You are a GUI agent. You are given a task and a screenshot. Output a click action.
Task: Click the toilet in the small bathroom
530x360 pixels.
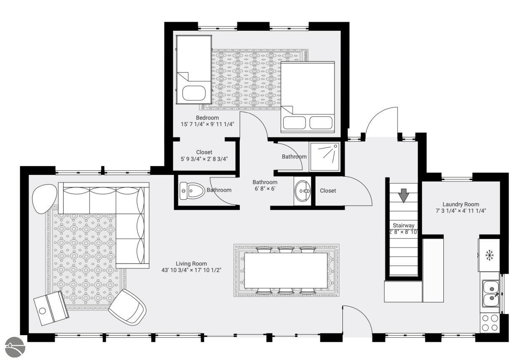pos(192,191)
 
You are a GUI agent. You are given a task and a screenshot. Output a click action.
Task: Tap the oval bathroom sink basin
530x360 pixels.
pos(302,191)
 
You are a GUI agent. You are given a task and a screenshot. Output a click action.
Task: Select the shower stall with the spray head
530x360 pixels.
pos(325,156)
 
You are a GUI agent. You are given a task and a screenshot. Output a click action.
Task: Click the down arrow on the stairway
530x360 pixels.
pos(403,196)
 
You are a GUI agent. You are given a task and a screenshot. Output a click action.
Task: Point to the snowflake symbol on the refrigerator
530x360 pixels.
pos(489,255)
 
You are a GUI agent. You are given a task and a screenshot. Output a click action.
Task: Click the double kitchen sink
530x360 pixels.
pos(491,293)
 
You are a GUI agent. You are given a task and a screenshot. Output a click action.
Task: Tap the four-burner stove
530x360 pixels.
pos(490,323)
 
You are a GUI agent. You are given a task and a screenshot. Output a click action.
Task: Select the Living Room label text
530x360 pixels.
pos(191,264)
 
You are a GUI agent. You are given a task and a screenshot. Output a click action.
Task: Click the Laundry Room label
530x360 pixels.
pos(461,204)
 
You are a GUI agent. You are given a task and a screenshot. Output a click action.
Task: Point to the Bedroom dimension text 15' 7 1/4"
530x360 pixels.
pos(192,124)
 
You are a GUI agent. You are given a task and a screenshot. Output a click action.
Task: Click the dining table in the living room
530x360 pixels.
pos(286,270)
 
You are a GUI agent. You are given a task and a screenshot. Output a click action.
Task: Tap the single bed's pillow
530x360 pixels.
pos(194,93)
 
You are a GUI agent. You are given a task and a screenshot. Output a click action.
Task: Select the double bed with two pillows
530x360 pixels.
pos(307,97)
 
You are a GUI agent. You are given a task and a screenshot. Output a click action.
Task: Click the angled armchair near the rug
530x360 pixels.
pos(127,307)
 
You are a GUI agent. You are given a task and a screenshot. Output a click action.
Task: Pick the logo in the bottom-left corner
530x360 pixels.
pos(15,347)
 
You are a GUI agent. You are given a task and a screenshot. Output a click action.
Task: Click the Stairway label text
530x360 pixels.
pos(403,225)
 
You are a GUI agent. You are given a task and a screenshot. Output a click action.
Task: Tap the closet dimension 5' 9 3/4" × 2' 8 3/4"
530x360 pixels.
pos(204,159)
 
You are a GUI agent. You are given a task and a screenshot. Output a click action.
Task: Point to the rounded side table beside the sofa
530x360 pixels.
pos(44,199)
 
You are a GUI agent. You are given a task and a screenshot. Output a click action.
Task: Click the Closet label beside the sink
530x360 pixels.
pos(328,191)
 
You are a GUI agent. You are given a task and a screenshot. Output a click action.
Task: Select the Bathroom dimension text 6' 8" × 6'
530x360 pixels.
pos(265,189)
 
